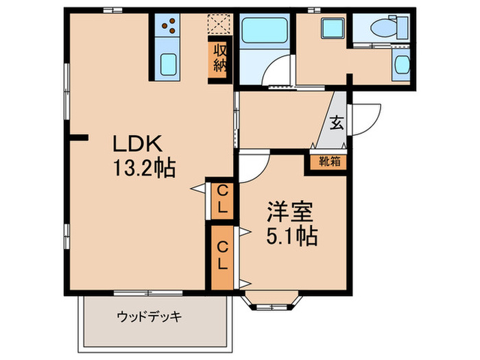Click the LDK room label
coord(137,145)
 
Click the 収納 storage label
coord(220,59)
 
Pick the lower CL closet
coord(222,254)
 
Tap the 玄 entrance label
coord(336,124)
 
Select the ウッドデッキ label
coord(149,317)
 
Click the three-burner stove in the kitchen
coord(169,27)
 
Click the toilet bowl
coord(381,27)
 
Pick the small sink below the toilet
coord(400,65)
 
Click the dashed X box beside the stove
coord(219,25)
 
